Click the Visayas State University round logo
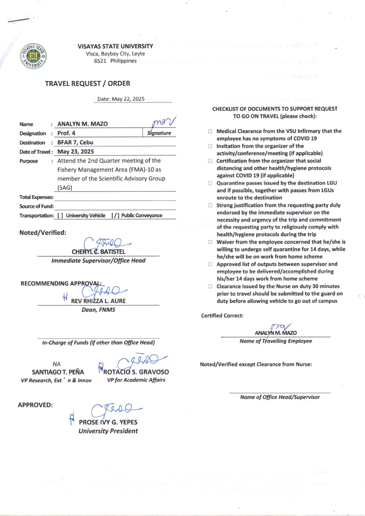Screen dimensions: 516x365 33,56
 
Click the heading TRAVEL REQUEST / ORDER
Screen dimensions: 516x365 87,84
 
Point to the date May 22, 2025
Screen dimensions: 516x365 128,99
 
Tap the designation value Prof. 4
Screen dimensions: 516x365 66,133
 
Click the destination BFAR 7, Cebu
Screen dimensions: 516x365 75,142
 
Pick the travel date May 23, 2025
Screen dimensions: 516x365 76,152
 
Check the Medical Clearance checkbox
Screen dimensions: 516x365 210,131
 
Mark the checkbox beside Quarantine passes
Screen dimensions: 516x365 210,183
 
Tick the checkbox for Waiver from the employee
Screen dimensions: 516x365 210,242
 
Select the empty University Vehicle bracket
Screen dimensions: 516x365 60,215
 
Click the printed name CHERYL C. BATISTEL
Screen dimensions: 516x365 98,252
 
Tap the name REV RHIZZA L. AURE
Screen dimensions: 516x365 98,301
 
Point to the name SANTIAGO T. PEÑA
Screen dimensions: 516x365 58,372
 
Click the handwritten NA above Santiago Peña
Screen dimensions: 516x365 56,364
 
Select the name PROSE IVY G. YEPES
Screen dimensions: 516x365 108,422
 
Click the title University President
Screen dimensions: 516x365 108,431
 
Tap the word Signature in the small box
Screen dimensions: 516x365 159,133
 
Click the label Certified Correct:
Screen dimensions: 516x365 222,316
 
